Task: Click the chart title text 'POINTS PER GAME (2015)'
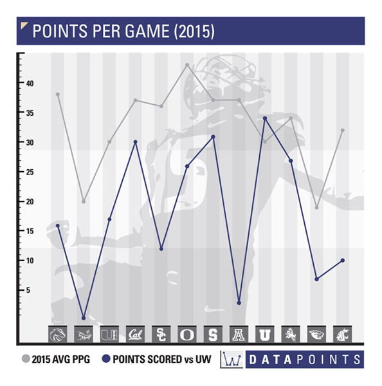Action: [x=123, y=31]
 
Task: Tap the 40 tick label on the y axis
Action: [x=30, y=84]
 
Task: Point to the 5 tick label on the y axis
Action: [x=28, y=290]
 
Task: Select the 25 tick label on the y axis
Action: [x=30, y=172]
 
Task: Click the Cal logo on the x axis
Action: [x=136, y=334]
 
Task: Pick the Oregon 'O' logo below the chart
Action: [x=187, y=334]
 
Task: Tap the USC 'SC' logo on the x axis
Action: [x=161, y=334]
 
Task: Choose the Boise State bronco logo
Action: [x=58, y=334]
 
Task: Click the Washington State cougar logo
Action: [x=342, y=334]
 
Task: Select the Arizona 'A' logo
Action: [x=239, y=334]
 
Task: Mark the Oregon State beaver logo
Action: [x=317, y=334]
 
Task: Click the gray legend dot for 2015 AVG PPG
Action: [x=26, y=359]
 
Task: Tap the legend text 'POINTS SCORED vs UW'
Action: [x=162, y=359]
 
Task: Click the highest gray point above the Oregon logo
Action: [x=187, y=65]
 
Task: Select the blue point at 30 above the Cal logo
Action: [x=135, y=142]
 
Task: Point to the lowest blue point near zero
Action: [x=84, y=318]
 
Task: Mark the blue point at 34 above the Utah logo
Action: [x=265, y=118]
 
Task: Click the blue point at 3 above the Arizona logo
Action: [x=239, y=303]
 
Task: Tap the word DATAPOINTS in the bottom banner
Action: [x=305, y=360]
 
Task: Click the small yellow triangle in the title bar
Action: [x=23, y=25]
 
